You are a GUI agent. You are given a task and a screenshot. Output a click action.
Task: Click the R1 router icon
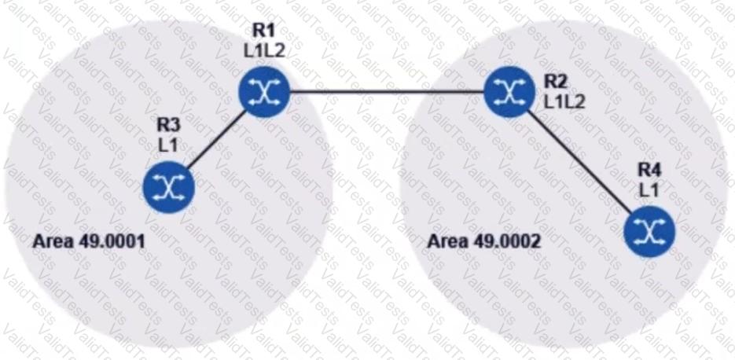click(x=264, y=92)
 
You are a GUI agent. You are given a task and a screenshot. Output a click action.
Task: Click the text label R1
click(x=262, y=32)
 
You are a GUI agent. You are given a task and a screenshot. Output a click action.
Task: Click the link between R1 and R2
click(x=386, y=92)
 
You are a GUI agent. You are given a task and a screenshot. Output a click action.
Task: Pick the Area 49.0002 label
click(x=483, y=240)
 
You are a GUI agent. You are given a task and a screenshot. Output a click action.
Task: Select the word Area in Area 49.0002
click(x=443, y=240)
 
